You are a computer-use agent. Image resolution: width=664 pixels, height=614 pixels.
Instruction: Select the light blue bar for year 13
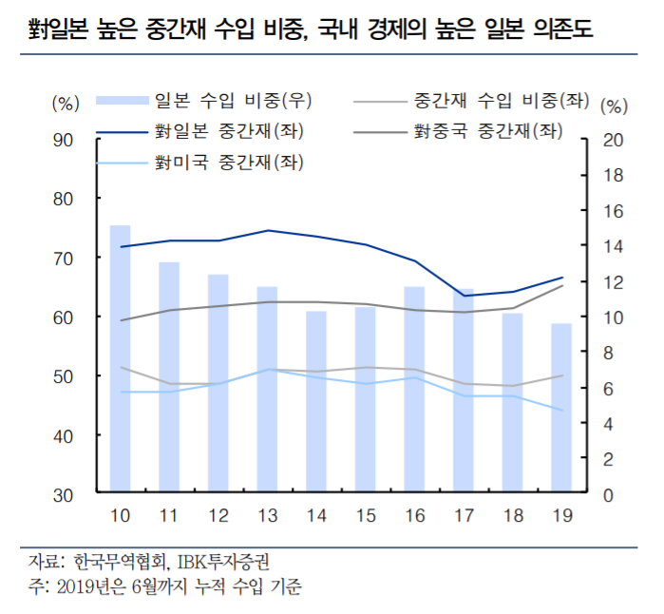tap(267, 390)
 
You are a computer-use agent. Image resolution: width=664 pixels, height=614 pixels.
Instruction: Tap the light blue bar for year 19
tap(560, 409)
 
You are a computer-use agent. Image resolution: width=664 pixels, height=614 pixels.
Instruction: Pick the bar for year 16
tap(414, 390)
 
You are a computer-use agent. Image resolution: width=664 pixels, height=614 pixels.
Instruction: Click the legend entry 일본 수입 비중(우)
tap(233, 99)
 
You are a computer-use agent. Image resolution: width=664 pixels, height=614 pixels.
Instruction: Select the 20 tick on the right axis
tap(614, 140)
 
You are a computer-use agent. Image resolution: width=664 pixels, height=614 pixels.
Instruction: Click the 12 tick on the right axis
tap(614, 282)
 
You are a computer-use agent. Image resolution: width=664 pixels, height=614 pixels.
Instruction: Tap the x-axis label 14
tap(315, 516)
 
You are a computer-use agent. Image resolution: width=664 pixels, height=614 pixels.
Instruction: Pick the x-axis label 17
tap(463, 516)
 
